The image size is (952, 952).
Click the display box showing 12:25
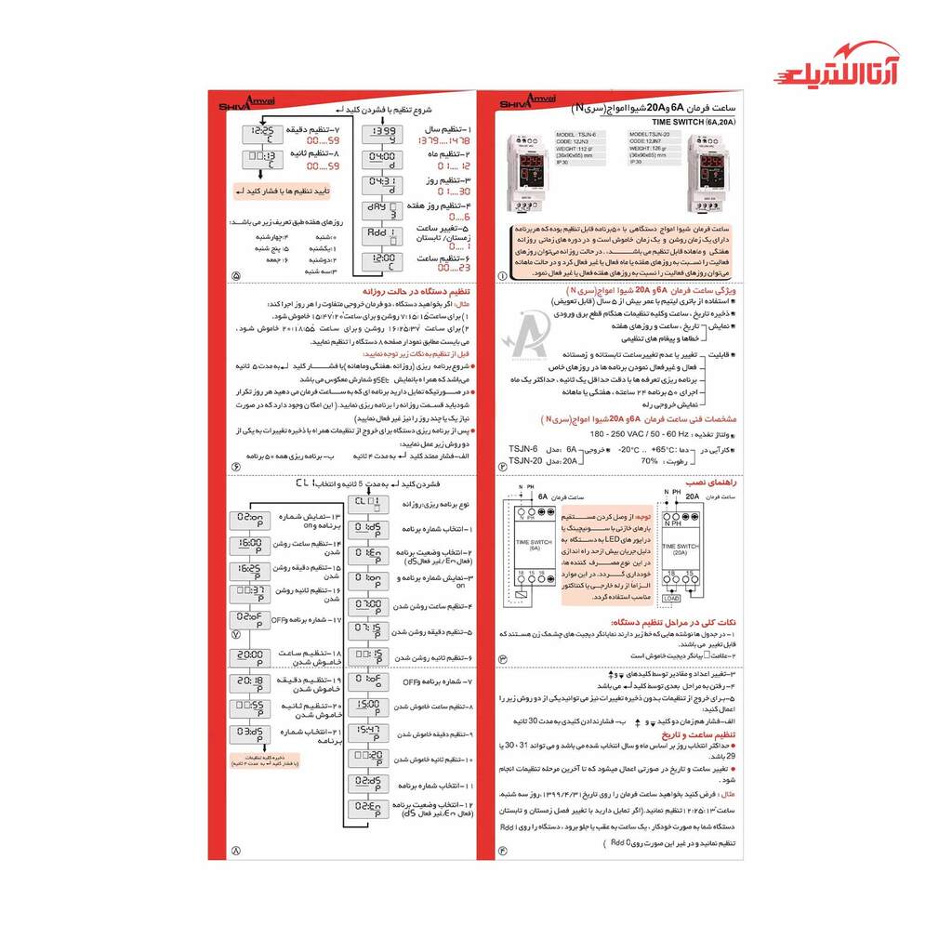(x=263, y=135)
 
